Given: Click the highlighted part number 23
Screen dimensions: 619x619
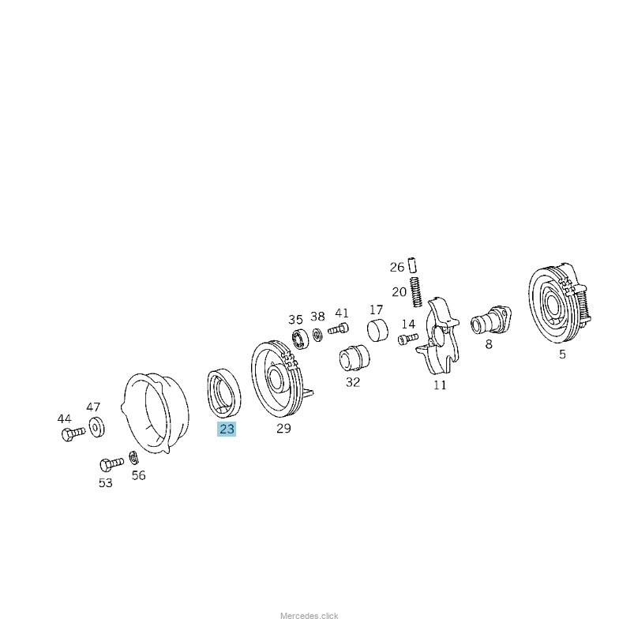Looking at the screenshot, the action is [x=227, y=429].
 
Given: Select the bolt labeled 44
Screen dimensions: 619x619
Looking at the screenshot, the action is [x=73, y=433].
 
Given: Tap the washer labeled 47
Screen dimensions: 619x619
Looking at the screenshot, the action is [x=96, y=427].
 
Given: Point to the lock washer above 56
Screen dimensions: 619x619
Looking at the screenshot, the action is [x=133, y=458].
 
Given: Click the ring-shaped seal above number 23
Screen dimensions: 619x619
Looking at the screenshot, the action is [x=224, y=392].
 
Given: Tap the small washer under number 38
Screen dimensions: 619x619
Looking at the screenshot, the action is [x=317, y=335].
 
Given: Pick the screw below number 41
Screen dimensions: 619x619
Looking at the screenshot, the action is [x=338, y=328].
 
